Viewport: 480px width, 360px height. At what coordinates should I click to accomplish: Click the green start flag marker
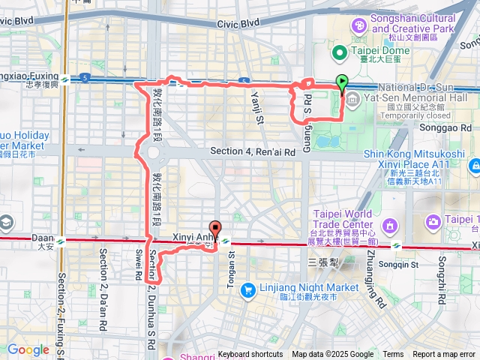click(343, 82)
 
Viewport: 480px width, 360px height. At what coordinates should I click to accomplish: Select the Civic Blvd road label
click(238, 24)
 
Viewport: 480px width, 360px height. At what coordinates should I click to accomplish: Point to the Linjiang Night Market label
click(309, 287)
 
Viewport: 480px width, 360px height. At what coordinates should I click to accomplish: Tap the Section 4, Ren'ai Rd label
click(252, 151)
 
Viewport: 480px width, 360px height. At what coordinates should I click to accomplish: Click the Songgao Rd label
click(449, 128)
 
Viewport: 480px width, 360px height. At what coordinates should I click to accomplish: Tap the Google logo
click(28, 349)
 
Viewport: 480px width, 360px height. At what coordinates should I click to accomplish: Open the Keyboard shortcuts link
click(250, 355)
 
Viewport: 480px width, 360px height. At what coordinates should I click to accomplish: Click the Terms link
click(393, 355)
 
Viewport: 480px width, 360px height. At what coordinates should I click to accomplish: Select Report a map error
click(444, 355)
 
